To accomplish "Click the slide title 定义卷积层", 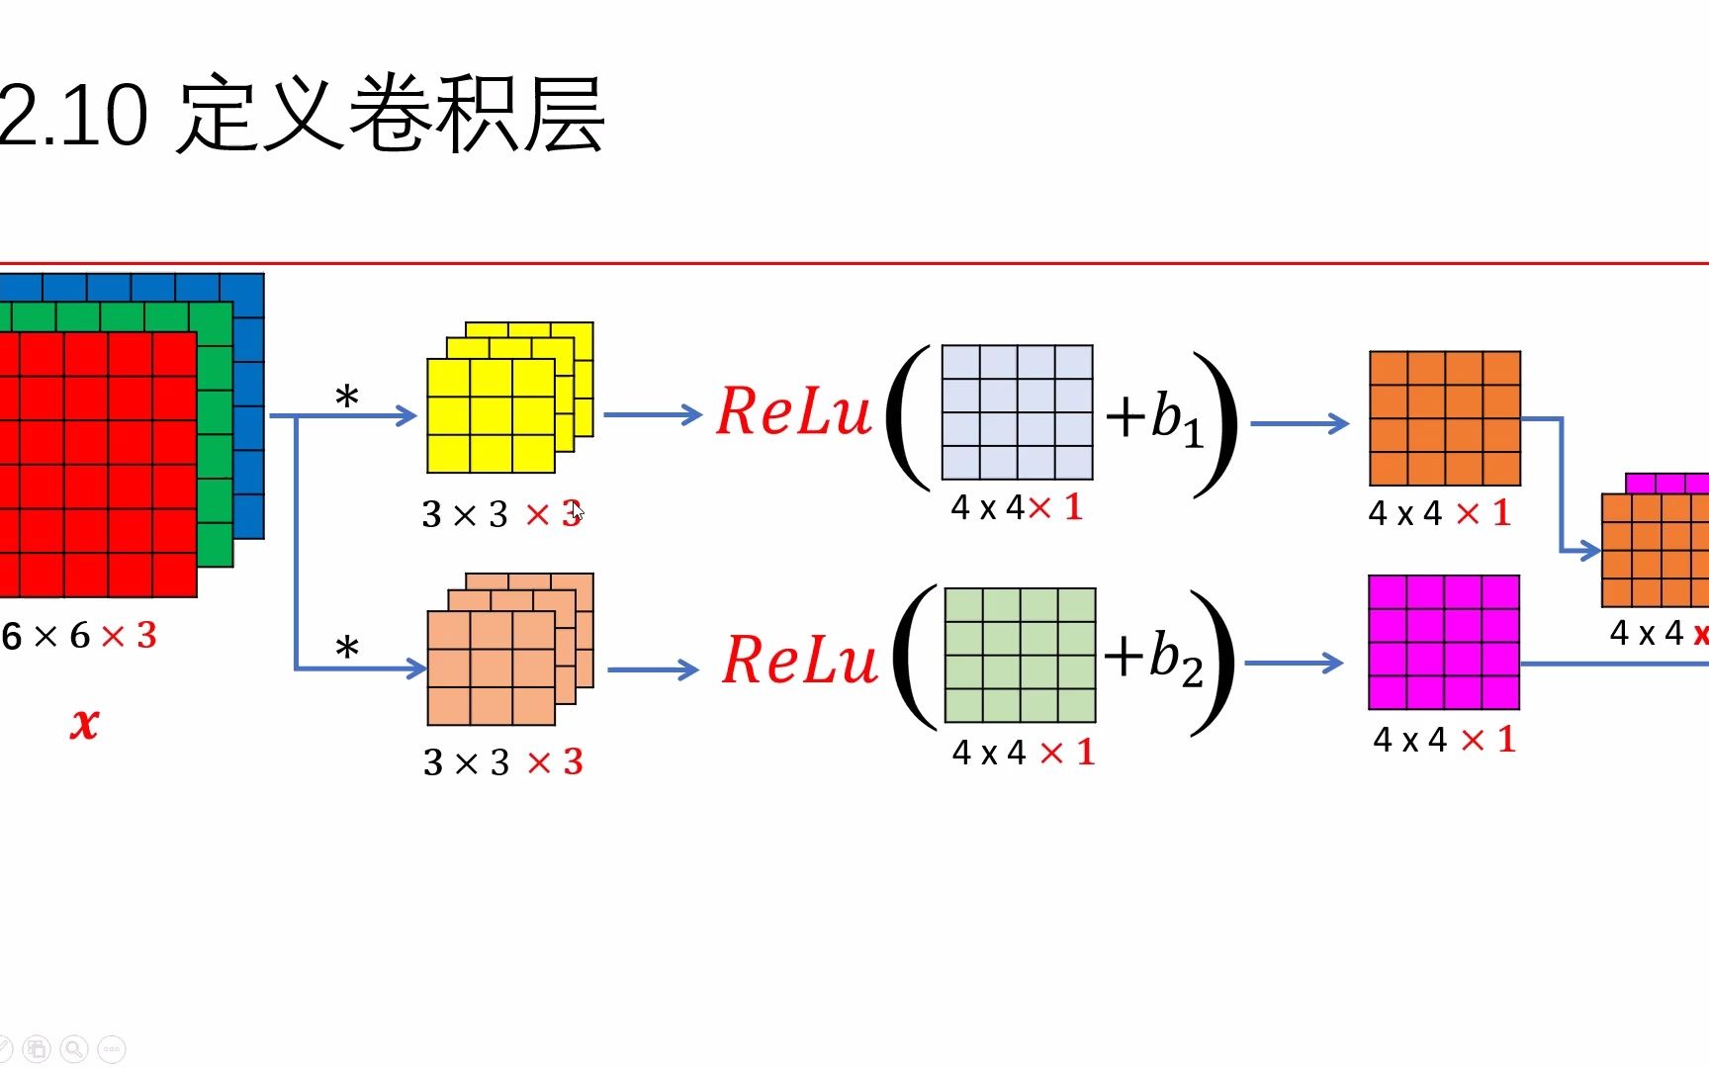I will click(x=392, y=115).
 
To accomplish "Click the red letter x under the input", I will click(x=85, y=723).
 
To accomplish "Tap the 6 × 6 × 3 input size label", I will click(x=79, y=635).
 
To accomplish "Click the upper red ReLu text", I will click(x=794, y=411).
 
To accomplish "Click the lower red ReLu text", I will click(x=799, y=660).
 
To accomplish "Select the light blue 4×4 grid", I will click(x=1017, y=411).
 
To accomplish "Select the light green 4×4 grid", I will click(x=1020, y=655).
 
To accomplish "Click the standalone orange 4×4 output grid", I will click(x=1444, y=417).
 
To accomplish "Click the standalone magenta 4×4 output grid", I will click(x=1443, y=642).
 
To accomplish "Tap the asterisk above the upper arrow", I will click(x=346, y=399).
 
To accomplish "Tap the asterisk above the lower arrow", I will click(x=346, y=650).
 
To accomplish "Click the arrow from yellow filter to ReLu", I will click(x=653, y=414).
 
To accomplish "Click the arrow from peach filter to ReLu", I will click(x=653, y=669).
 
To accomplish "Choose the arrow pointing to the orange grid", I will click(x=1300, y=423).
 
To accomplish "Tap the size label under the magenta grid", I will click(x=1444, y=739).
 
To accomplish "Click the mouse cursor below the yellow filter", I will click(x=577, y=511).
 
